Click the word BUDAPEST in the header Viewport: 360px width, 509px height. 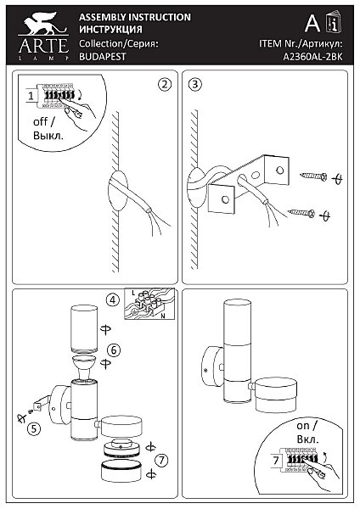(103, 57)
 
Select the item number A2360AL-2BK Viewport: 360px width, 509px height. (313, 57)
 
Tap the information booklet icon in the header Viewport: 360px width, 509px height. (334, 22)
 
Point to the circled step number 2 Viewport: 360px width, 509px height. (165, 84)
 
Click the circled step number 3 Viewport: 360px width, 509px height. (195, 84)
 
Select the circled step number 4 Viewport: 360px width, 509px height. (112, 299)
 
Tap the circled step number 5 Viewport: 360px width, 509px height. (34, 428)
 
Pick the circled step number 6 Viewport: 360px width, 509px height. (114, 350)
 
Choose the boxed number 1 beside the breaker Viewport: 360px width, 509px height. (31, 96)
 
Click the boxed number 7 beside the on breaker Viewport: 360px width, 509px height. (276, 460)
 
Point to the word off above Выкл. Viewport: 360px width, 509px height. (41, 122)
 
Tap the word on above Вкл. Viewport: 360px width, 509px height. (303, 426)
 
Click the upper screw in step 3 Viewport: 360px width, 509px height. (313, 176)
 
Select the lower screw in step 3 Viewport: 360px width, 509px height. (301, 213)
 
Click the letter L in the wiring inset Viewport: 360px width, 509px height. (133, 293)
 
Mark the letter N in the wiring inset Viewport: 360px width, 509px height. (163, 315)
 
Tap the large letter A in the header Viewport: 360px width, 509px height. (312, 23)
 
